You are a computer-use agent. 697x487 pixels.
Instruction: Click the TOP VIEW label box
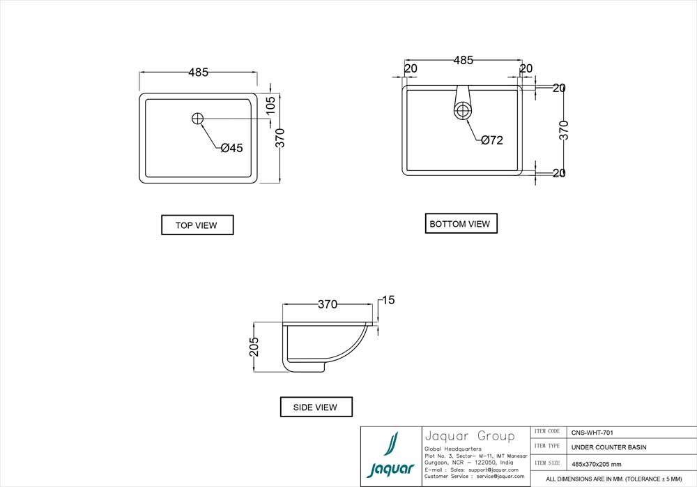coord(197,225)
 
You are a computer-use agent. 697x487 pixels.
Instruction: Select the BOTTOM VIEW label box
coord(461,224)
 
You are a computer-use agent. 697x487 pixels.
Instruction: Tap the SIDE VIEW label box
coord(316,407)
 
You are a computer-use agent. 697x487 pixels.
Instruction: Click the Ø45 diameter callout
coord(231,148)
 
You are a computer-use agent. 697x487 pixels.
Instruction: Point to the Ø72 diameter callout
coord(491,140)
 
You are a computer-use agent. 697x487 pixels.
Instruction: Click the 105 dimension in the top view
coord(271,105)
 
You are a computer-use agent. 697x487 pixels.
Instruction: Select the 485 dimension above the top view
coord(198,72)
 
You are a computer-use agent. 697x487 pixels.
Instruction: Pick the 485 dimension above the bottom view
coord(464,60)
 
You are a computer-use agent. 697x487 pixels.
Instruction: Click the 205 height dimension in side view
coord(254,347)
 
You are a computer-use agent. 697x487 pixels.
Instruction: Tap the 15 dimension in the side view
coord(388,300)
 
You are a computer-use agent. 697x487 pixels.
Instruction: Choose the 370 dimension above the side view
coord(328,304)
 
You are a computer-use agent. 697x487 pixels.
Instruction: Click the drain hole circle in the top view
coord(198,119)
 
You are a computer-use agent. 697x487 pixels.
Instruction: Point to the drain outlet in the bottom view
coord(463,110)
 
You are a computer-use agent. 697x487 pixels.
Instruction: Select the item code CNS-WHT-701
coord(592,433)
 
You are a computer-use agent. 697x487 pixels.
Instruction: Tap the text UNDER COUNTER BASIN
coord(608,447)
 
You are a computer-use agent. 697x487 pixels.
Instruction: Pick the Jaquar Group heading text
coord(469,437)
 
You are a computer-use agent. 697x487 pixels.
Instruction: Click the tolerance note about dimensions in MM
coord(614,479)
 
